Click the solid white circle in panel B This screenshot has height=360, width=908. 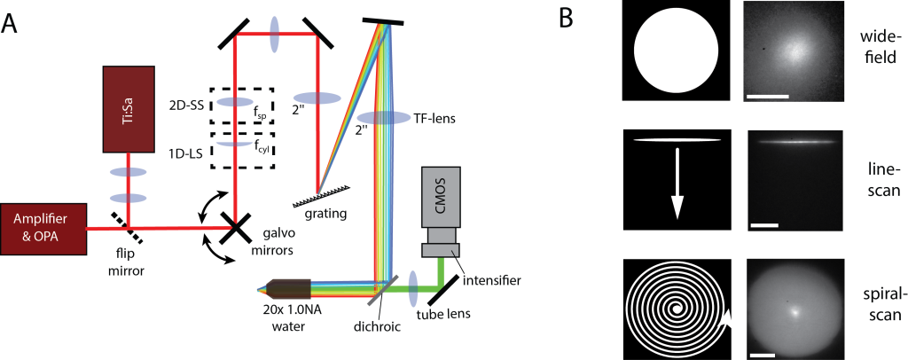[x=677, y=51]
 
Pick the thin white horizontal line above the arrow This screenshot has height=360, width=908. [x=677, y=139]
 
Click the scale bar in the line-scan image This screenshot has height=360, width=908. [x=763, y=225]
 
